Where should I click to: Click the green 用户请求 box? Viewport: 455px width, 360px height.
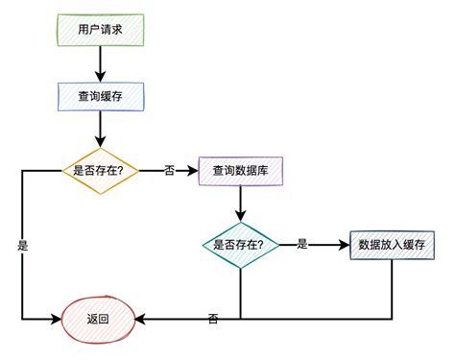(99, 30)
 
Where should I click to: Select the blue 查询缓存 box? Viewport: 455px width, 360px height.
(99, 96)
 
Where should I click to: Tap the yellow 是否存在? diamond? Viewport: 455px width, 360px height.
(99, 170)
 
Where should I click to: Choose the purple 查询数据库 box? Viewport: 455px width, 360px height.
(240, 170)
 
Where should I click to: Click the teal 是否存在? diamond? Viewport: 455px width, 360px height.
(239, 244)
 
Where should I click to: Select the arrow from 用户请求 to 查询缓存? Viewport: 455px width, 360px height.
(99, 62)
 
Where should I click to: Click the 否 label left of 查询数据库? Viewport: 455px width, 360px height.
(170, 170)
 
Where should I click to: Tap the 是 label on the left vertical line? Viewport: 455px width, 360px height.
(22, 246)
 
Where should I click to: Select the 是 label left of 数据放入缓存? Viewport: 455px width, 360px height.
(301, 244)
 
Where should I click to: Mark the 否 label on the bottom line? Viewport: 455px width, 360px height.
(212, 318)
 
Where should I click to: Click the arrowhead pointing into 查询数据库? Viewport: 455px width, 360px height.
(192, 170)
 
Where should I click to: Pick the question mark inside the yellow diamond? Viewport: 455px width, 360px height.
(132, 170)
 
